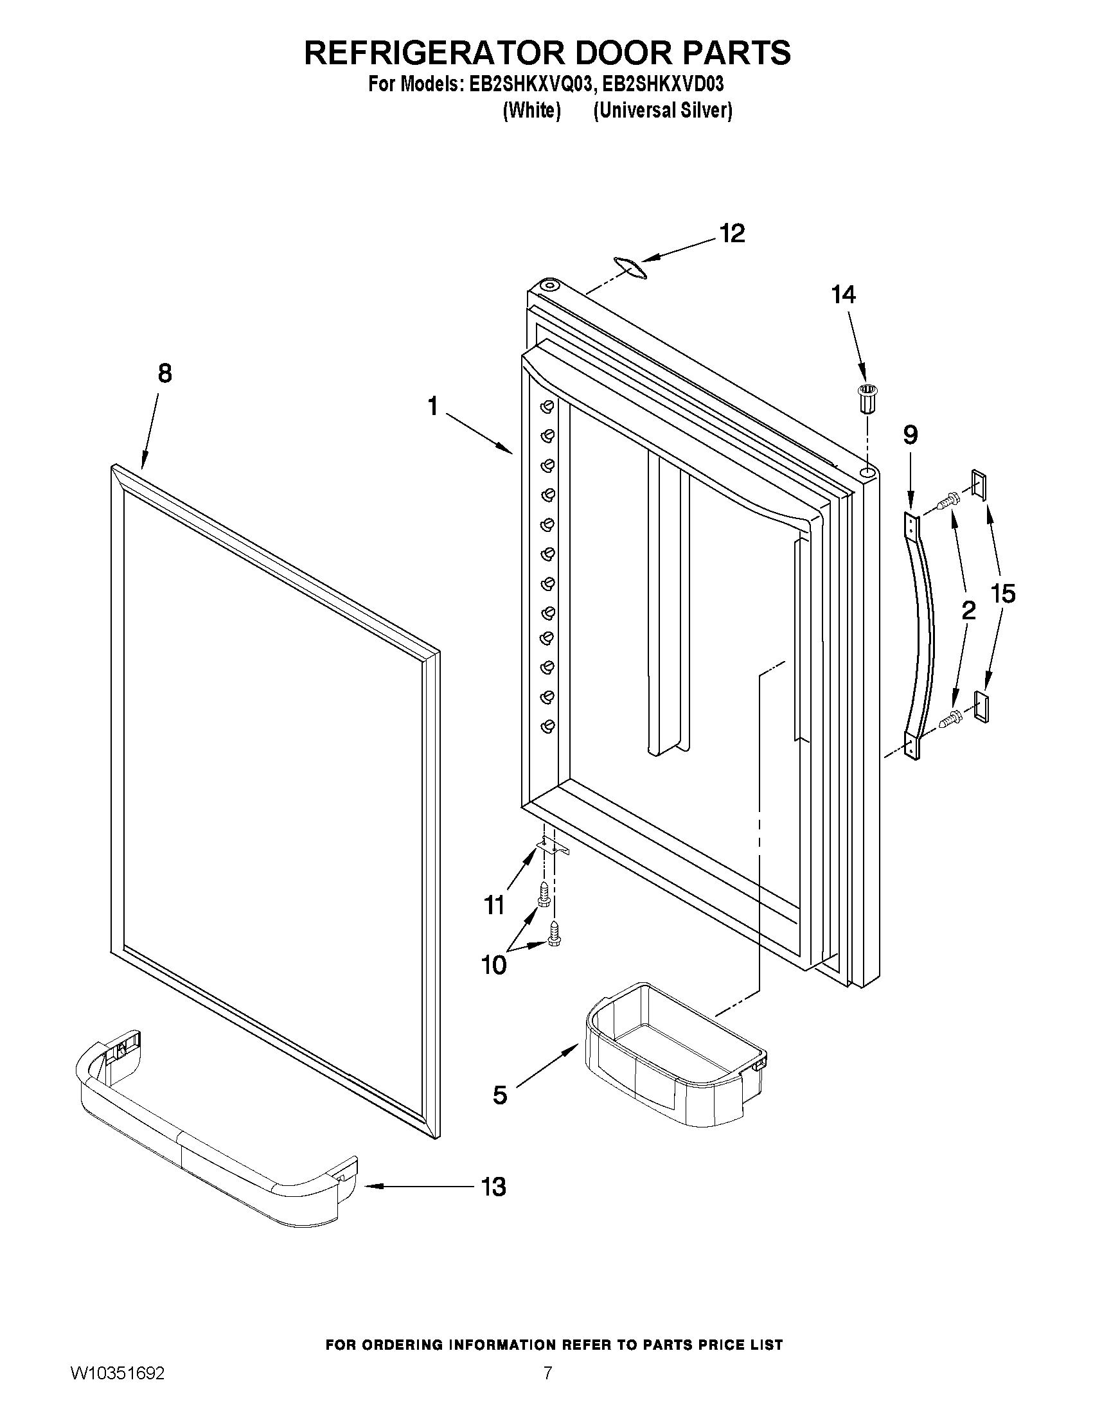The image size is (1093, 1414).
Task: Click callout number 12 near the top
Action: [x=733, y=234]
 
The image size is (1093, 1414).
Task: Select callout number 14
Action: [x=844, y=296]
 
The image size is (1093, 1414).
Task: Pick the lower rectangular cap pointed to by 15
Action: [x=982, y=705]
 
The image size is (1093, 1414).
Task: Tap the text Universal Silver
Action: [x=663, y=110]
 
